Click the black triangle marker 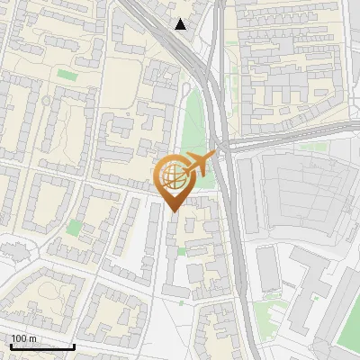coord(181,24)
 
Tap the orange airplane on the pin coord(199,165)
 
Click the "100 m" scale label coord(23,338)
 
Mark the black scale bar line coord(40,346)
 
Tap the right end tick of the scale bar coord(74,345)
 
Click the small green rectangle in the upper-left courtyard coord(67,75)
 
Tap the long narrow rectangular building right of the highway coord(268,269)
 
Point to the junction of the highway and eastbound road coord(225,148)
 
